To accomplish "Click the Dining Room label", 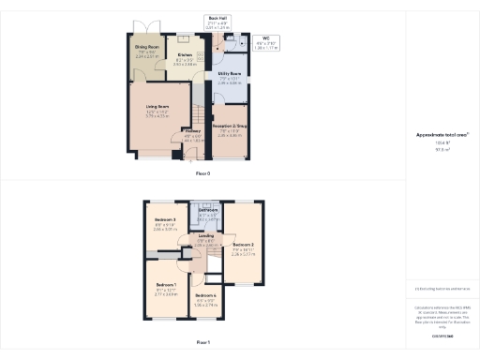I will (x=146, y=45).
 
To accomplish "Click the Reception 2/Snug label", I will (x=230, y=125).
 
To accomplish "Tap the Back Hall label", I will (x=217, y=17).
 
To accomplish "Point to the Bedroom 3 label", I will (x=165, y=219).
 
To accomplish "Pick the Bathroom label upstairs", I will (x=208, y=210).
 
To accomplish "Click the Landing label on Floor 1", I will (x=206, y=235).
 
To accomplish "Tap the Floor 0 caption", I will (x=202, y=174).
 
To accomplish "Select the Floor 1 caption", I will (x=202, y=342).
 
